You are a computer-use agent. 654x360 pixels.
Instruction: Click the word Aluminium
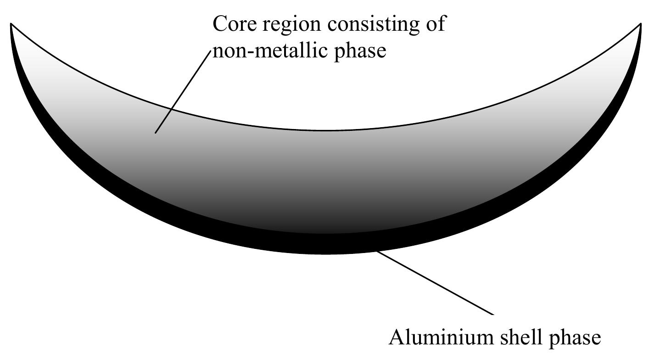pyautogui.click(x=439, y=337)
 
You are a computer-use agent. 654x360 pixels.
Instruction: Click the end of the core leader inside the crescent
pyautogui.click(x=156, y=133)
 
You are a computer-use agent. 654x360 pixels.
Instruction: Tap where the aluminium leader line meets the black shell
pyautogui.click(x=377, y=251)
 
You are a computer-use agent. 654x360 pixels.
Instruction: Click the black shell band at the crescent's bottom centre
pyautogui.click(x=326, y=244)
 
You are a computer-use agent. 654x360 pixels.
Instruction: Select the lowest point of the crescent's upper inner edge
pyautogui.click(x=326, y=130)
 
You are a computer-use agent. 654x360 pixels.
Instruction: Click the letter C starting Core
pyautogui.click(x=220, y=23)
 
